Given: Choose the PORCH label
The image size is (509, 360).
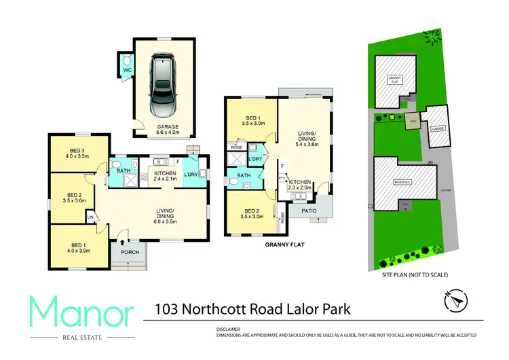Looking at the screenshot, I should (x=130, y=253).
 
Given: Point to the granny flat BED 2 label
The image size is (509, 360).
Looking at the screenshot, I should (x=252, y=212).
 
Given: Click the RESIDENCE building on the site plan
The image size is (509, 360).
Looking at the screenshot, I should (x=402, y=183).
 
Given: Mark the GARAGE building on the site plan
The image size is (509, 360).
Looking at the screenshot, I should (x=438, y=127).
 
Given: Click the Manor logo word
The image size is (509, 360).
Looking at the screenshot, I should (x=81, y=311).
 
